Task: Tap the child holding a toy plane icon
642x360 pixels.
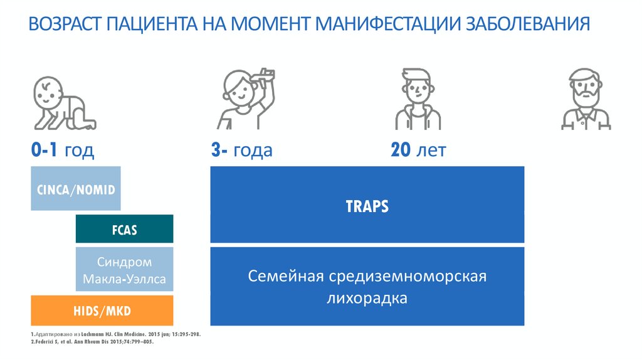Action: [x=245, y=100]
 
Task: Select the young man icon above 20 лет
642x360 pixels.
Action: [x=418, y=100]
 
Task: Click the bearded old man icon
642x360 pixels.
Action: [x=586, y=100]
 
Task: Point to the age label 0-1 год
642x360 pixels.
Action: [x=63, y=151]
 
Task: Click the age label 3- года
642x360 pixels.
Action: [x=241, y=151]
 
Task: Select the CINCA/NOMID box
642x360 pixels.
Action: [x=75, y=189]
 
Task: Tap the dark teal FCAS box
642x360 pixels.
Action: [x=124, y=230]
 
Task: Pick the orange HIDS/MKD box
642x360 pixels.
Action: [x=102, y=310]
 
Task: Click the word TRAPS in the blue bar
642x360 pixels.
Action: [x=367, y=206]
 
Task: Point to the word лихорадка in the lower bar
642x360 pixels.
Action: [x=367, y=297]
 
